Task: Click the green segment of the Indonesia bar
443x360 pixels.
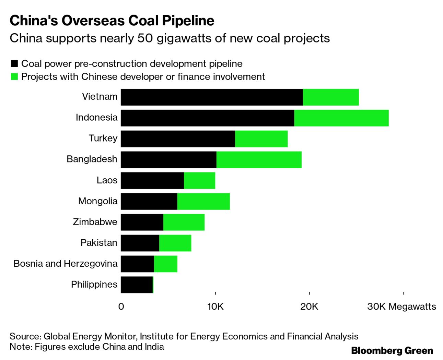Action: tap(341, 118)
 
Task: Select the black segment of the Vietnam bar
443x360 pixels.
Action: tap(212, 97)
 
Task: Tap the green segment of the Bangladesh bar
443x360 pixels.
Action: tap(259, 160)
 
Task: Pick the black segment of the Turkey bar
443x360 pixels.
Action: tap(178, 139)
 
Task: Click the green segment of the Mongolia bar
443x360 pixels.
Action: tap(203, 201)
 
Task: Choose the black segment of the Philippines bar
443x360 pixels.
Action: tap(137, 285)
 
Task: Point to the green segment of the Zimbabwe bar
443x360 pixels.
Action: tap(184, 222)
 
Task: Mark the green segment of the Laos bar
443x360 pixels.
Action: tap(199, 180)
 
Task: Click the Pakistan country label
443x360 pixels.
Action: tap(99, 243)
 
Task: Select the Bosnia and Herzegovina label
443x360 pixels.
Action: tap(65, 264)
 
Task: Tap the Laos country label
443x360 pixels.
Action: tap(107, 180)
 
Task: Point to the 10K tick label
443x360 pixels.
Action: tap(215, 307)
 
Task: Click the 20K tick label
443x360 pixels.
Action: tap(309, 307)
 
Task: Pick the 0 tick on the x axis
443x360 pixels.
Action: tap(121, 307)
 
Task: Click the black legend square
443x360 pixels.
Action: tap(14, 64)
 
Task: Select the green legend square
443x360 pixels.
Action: tap(14, 76)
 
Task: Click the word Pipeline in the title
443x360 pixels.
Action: tap(188, 21)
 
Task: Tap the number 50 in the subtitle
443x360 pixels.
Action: tap(145, 38)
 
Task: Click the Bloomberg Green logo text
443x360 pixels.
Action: tap(392, 351)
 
